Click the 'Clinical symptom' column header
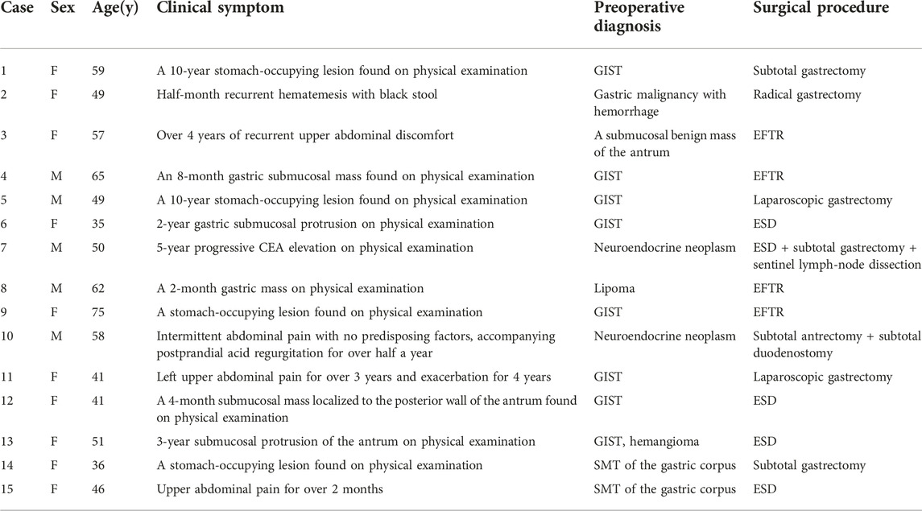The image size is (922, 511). click(x=220, y=8)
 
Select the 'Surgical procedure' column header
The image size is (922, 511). click(x=821, y=8)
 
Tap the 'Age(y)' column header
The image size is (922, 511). click(x=115, y=9)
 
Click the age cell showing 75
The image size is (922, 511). click(x=97, y=312)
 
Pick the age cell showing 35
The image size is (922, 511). click(x=97, y=224)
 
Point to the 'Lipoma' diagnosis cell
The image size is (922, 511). click(x=614, y=289)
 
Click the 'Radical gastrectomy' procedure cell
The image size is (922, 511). click(x=807, y=95)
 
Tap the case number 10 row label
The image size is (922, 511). click(x=6, y=336)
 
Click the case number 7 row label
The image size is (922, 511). click(x=4, y=248)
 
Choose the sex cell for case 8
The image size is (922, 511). click(x=56, y=289)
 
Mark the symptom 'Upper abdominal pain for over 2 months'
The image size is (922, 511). click(x=269, y=489)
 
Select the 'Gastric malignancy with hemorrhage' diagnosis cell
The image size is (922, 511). click(x=659, y=103)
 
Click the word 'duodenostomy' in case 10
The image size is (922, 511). click(x=792, y=353)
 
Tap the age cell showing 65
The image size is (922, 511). click(x=97, y=176)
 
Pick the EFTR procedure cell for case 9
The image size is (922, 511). click(x=768, y=312)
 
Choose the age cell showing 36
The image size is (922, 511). click(x=97, y=466)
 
